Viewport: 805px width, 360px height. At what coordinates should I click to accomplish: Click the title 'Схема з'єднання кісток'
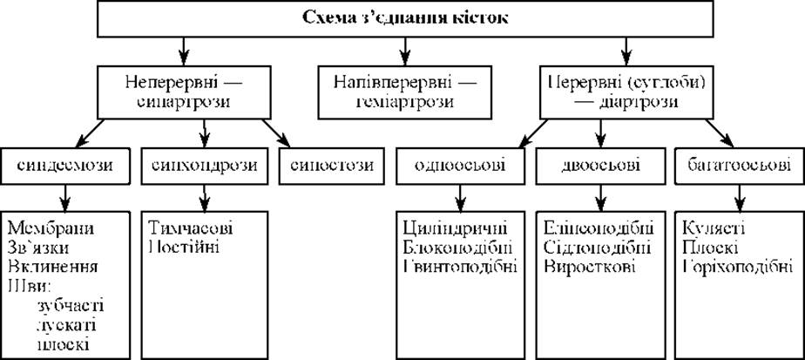pos(403,17)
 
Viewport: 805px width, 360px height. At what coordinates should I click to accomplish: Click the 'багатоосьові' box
pos(736,165)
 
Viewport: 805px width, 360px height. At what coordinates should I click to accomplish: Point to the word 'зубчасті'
pos(69,304)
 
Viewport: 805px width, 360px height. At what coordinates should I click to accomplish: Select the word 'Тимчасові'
pos(192,228)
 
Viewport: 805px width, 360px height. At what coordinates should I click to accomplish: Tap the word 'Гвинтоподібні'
pos(460,266)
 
